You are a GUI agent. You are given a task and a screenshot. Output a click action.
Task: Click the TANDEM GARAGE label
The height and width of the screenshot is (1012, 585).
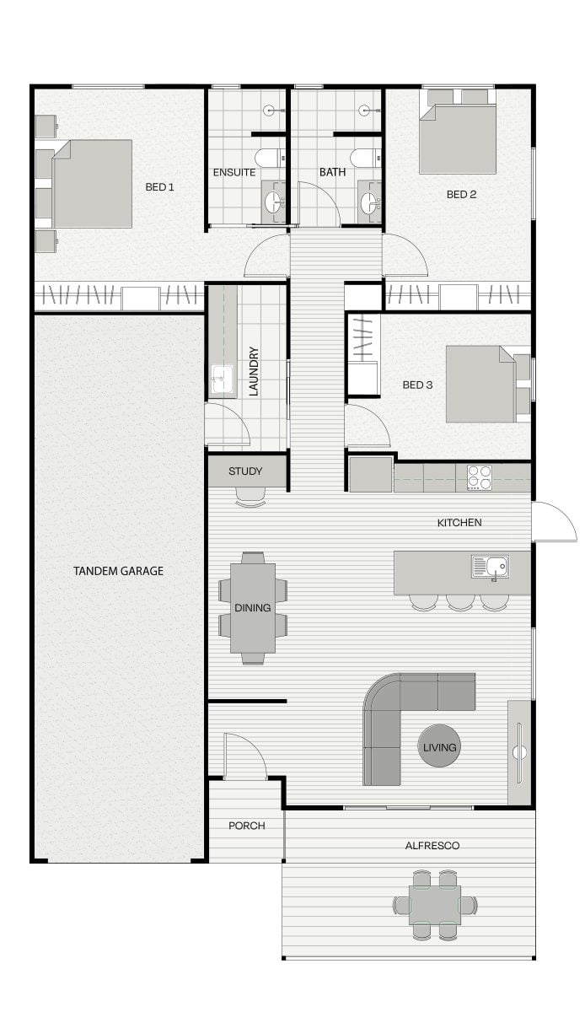pos(118,571)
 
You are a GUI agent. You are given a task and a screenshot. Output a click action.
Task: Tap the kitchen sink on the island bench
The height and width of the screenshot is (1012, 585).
pos(490,567)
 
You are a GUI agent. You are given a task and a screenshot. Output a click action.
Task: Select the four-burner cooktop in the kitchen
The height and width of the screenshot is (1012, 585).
pos(480,477)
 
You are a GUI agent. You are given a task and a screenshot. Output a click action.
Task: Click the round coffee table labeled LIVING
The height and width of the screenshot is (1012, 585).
pos(439,746)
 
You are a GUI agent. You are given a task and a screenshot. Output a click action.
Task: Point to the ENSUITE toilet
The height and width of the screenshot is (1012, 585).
pos(270,158)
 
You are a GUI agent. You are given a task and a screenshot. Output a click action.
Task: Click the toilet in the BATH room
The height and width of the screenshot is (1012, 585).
pos(366,158)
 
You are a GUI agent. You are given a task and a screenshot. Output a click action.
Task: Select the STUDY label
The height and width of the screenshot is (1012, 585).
pos(245,471)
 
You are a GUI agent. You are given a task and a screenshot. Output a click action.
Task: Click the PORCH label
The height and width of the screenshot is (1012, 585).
pos(247,826)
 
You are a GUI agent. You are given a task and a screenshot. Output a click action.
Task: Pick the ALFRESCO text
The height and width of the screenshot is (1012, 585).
pos(432,846)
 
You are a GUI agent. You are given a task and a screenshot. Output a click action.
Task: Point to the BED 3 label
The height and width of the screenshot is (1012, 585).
pos(417,385)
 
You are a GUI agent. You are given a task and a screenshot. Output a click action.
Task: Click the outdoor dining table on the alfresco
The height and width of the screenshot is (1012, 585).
pos(435,905)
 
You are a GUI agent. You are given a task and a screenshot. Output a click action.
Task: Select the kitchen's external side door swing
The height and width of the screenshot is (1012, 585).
pos(555,521)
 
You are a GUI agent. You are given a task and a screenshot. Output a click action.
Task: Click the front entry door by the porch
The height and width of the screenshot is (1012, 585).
pos(244,756)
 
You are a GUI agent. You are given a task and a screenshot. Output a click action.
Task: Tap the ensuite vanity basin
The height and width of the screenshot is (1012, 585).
pos(273,202)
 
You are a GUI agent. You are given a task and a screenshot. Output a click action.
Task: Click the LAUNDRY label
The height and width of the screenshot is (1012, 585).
pos(254,372)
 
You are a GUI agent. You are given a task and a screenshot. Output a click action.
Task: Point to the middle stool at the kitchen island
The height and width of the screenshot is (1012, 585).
pos(460,602)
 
